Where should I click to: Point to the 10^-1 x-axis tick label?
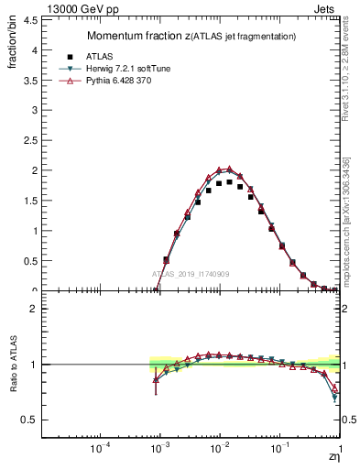[x=279, y=448]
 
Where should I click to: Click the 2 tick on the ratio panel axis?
[x=33, y=310]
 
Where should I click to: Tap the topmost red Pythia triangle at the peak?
[x=229, y=169]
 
